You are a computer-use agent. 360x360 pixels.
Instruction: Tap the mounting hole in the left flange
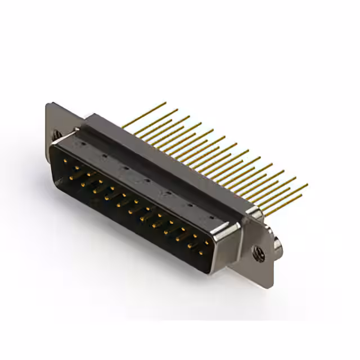coord(56,134)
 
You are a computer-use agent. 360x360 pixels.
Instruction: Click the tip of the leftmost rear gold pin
coord(165,103)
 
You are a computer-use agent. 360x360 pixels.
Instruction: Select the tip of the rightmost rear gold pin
coord(307,184)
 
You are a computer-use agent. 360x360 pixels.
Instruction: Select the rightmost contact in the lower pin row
coord(201,252)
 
